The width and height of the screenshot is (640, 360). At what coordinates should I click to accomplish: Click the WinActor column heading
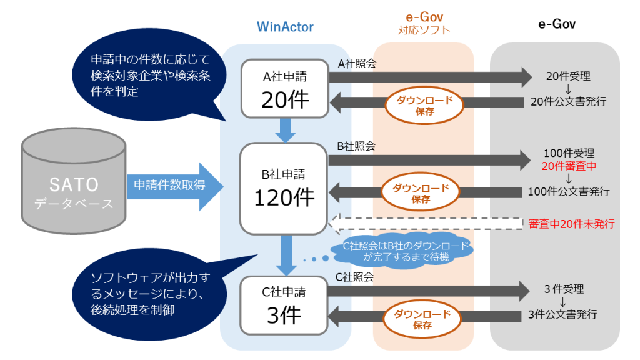coord(285,27)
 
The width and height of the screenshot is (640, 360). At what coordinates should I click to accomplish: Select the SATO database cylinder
coord(74,184)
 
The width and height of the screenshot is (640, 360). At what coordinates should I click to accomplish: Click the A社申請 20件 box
coord(285,88)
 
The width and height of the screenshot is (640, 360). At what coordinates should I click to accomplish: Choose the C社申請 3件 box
coord(285,305)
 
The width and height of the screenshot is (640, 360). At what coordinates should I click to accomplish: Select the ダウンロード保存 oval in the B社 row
coord(424,192)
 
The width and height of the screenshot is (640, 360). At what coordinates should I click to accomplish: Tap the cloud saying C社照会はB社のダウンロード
coord(406,251)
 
